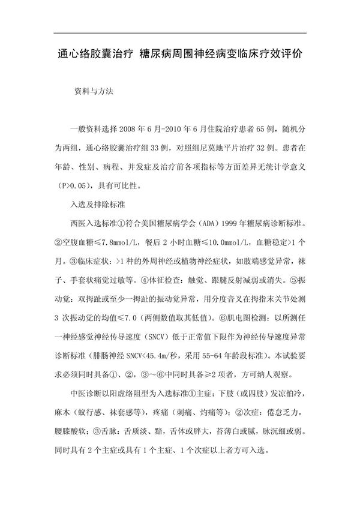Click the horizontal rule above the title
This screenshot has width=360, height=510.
pos(180,34)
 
